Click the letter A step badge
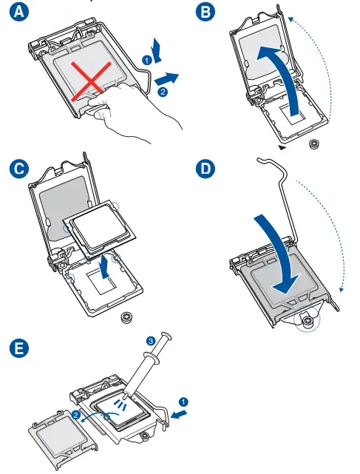19,12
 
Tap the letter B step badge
206,12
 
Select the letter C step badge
19,169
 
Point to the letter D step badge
206,169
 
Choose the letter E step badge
19,348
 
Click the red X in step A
91,81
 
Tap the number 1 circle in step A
147,61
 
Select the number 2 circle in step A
163,91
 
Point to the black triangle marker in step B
282,147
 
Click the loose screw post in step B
314,144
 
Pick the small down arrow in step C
104,266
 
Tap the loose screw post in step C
127,317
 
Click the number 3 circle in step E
151,342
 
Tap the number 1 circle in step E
183,402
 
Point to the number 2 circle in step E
76,414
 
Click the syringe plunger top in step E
166,335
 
